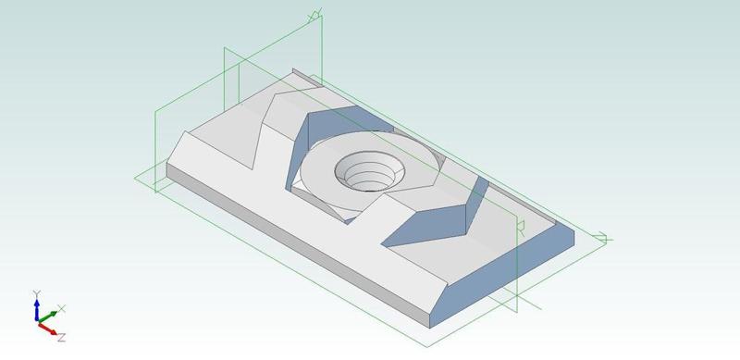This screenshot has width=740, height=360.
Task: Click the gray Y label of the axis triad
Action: [x=35, y=293]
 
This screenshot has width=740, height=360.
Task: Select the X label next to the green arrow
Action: [x=62, y=307]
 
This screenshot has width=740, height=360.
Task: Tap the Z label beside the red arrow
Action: [x=61, y=338]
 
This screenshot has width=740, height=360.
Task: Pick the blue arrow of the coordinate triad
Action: [x=36, y=304]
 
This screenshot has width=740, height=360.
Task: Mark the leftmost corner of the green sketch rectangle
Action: [x=136, y=176]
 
